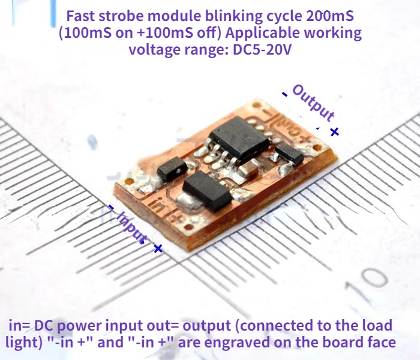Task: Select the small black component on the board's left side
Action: [169, 170]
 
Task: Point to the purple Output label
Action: [313, 103]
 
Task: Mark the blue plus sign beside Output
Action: [335, 131]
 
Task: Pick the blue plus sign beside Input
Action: [158, 248]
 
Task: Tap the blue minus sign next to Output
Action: [284, 93]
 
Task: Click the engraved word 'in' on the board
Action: [157, 205]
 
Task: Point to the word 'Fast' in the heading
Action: [80, 16]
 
